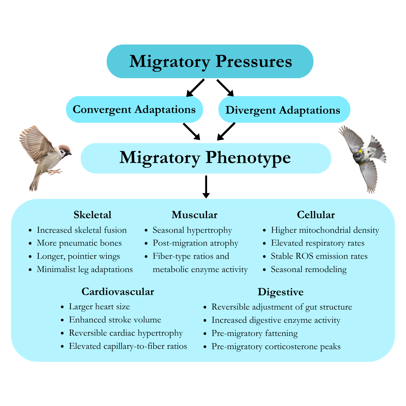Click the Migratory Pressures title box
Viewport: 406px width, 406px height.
pyautogui.click(x=210, y=62)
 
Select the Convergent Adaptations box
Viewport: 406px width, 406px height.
pyautogui.click(x=134, y=110)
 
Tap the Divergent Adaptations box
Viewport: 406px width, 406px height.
pyautogui.click(x=284, y=110)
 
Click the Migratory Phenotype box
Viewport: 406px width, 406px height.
pyautogui.click(x=205, y=158)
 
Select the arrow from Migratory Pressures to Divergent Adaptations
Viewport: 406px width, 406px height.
pyautogui.click(x=225, y=88)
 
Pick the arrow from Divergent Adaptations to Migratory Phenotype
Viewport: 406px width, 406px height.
pyautogui.click(x=226, y=131)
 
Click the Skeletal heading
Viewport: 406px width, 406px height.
pyautogui.click(x=92, y=215)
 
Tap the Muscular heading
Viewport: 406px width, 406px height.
pyautogui.click(x=195, y=215)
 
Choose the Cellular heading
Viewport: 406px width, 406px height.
pyautogui.click(x=316, y=215)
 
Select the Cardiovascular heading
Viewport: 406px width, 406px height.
pyautogui.click(x=118, y=292)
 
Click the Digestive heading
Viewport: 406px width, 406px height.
pyautogui.click(x=280, y=292)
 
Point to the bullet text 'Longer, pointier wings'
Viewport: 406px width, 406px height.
pyautogui.click(x=78, y=256)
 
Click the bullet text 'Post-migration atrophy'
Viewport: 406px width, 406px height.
pyautogui.click(x=195, y=243)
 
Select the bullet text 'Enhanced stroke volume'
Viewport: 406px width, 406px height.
pyautogui.click(x=115, y=320)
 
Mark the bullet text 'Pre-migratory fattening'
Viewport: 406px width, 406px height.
pyautogui.click(x=254, y=334)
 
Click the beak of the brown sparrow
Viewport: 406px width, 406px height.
pyautogui.click(x=70, y=154)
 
